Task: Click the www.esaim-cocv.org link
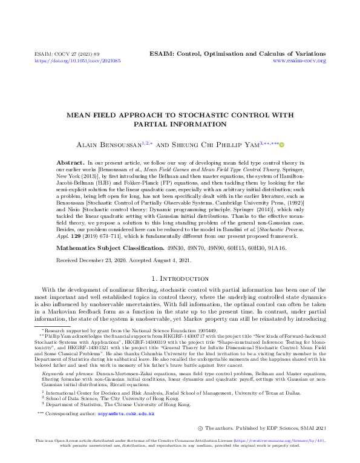tap(299, 61)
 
